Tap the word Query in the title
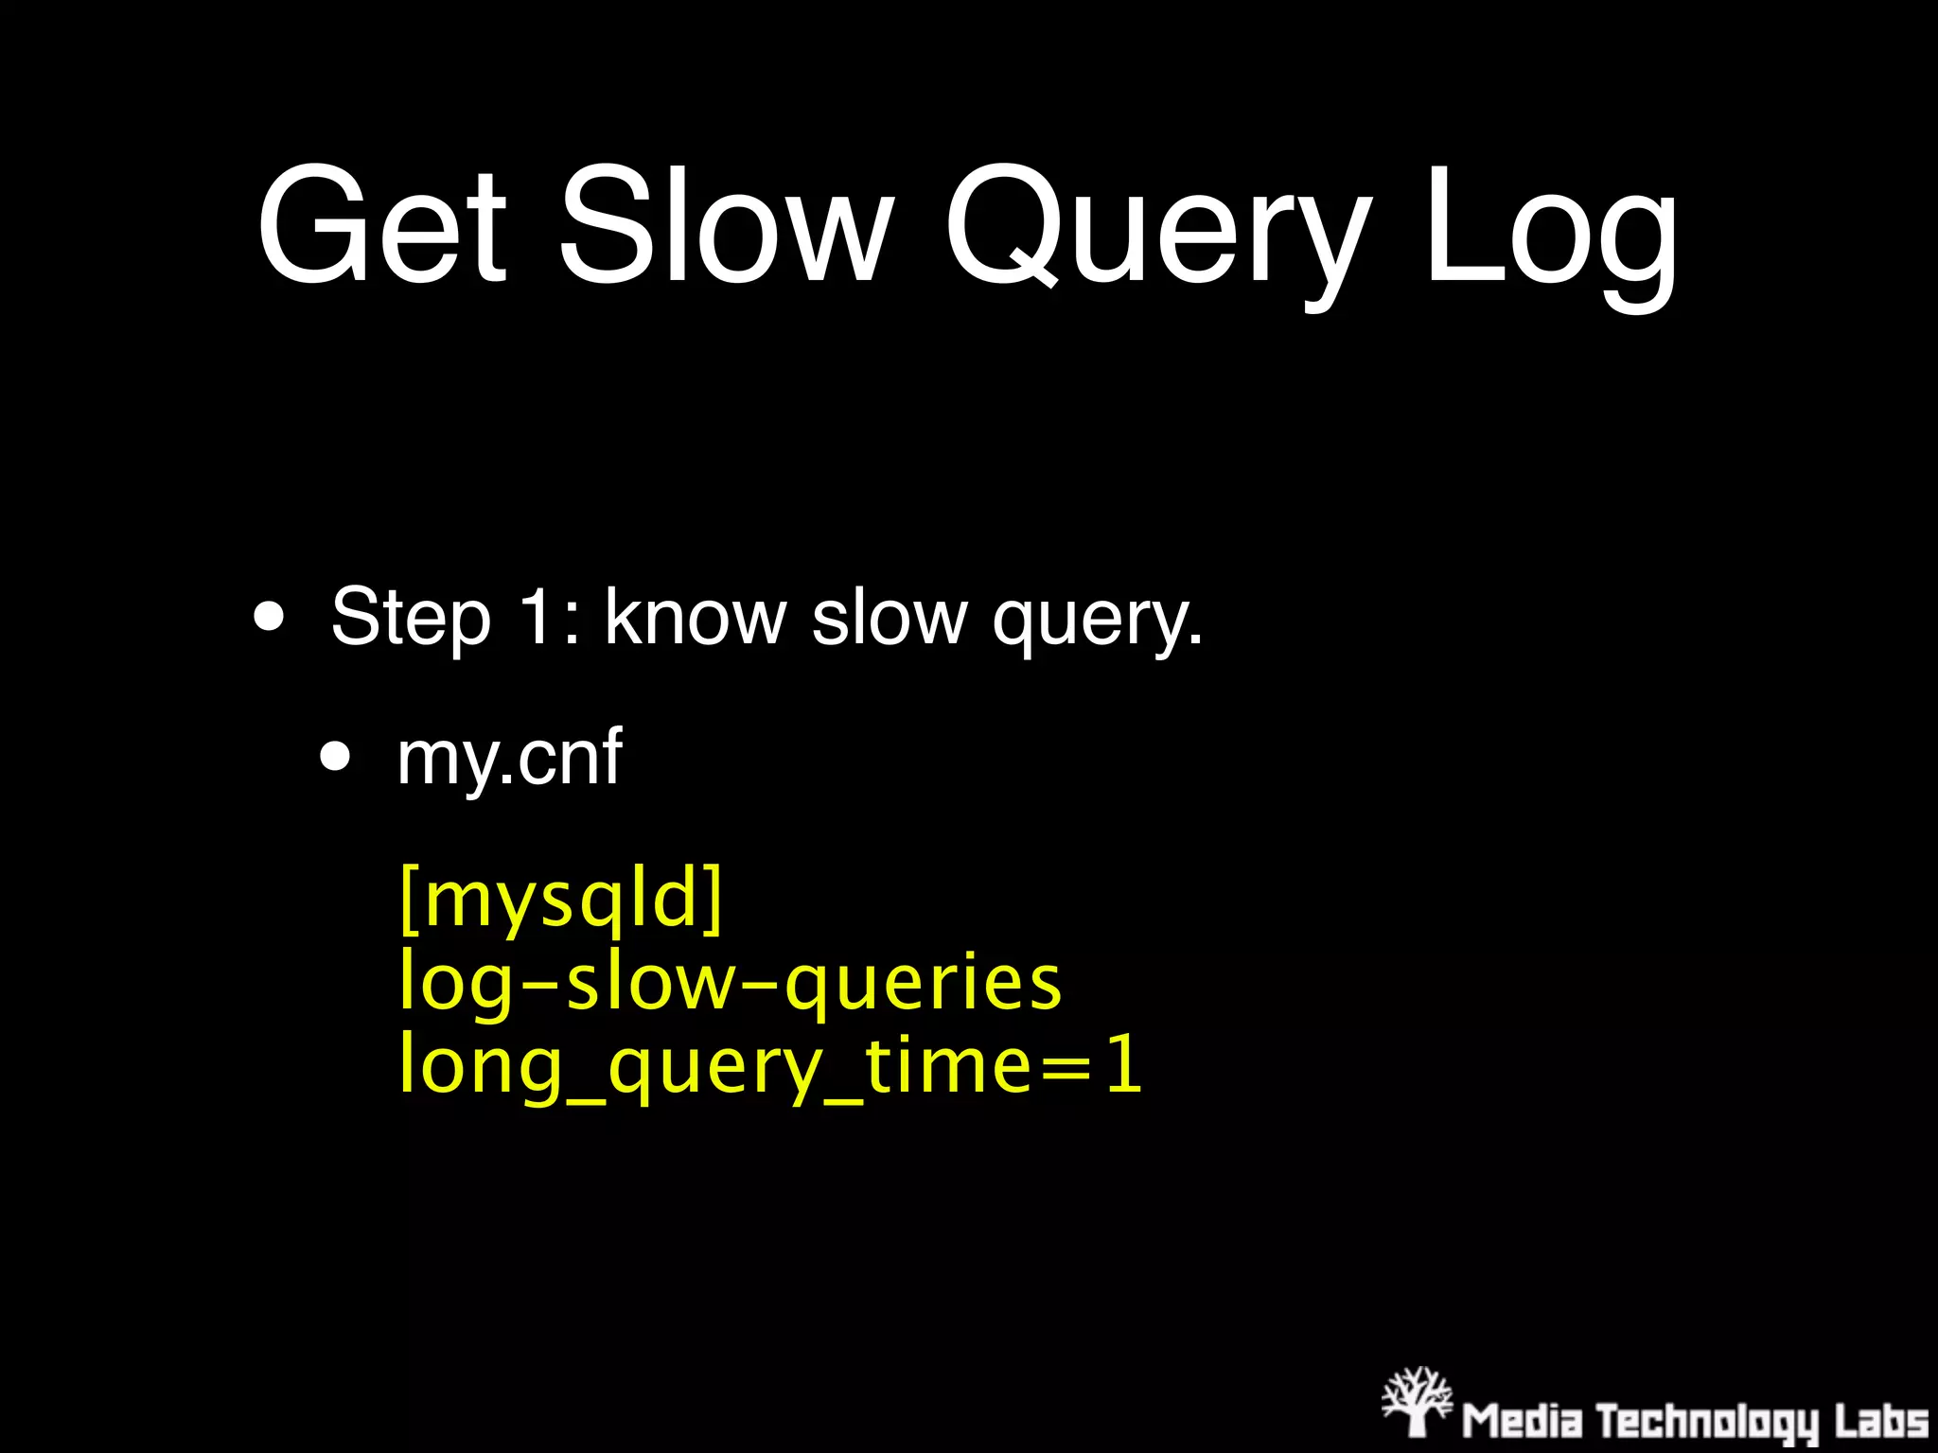click(1158, 232)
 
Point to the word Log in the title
click(1552, 232)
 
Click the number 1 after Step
click(537, 616)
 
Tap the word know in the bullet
click(696, 616)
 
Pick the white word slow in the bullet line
click(890, 616)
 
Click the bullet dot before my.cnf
click(335, 757)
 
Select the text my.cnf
click(509, 759)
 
